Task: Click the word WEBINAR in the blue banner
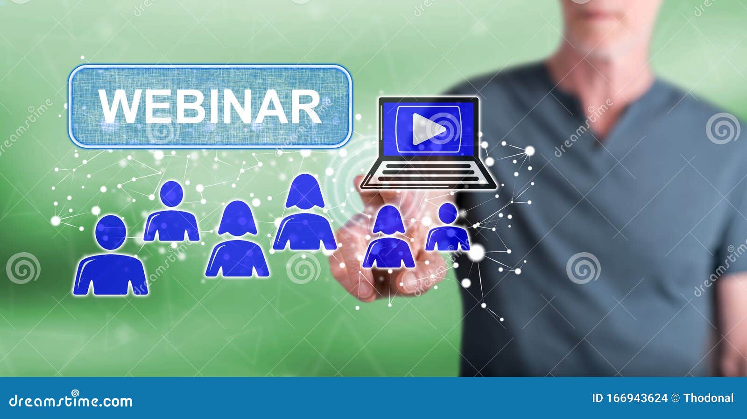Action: (x=210, y=107)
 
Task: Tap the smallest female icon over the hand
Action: (x=389, y=238)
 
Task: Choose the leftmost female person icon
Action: (x=237, y=240)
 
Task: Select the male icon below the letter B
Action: (x=171, y=213)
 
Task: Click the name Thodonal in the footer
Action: (x=708, y=398)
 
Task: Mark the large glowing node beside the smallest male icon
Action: (x=477, y=253)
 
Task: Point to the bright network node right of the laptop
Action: (x=529, y=150)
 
